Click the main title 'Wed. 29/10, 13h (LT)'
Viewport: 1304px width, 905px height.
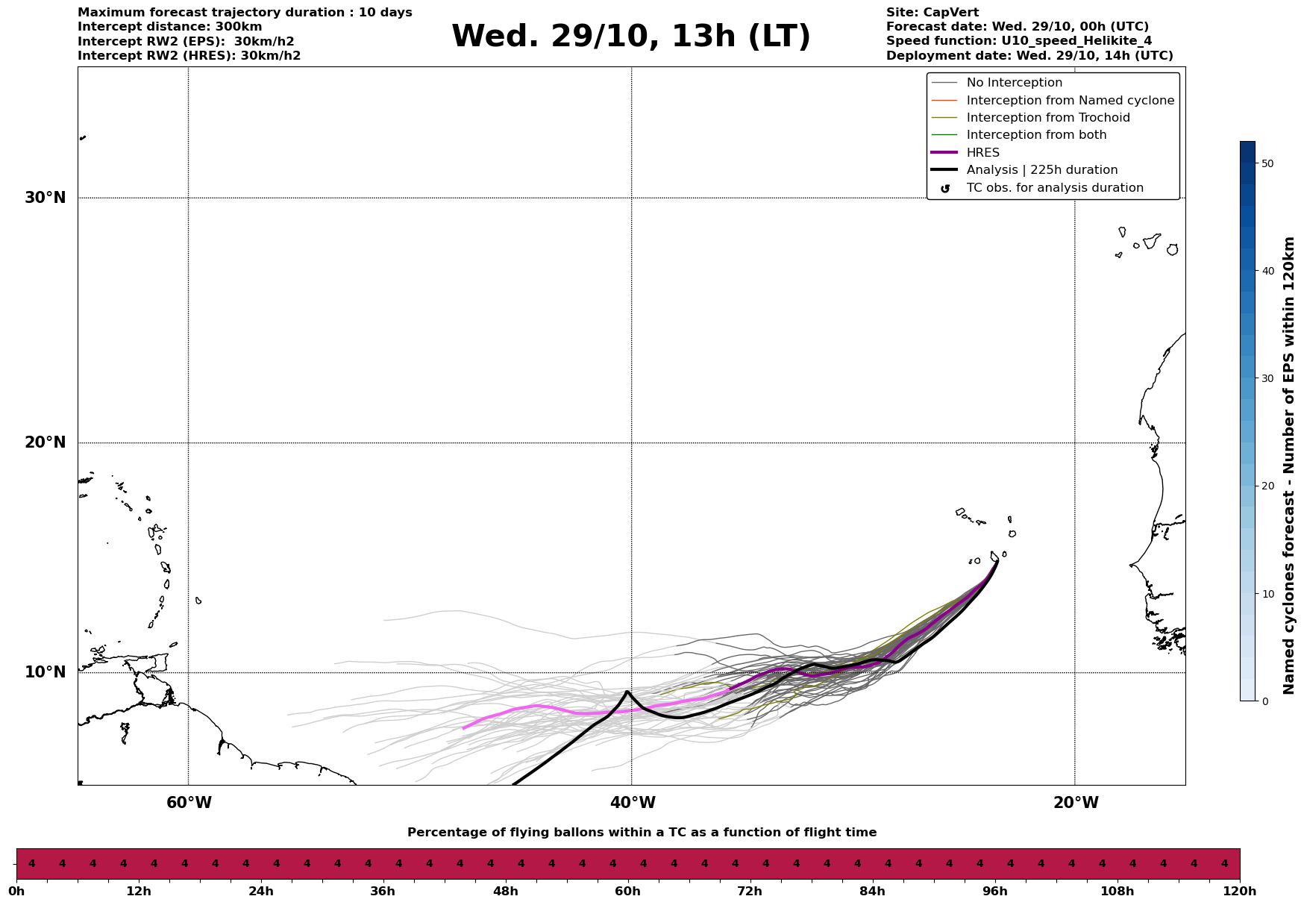tap(630, 37)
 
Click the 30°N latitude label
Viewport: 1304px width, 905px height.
tap(46, 198)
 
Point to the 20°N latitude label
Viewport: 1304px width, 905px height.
tap(46, 442)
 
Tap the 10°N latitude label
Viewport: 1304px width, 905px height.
tap(46, 672)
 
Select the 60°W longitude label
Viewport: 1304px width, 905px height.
tap(189, 803)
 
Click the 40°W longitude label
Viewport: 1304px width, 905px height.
tap(633, 803)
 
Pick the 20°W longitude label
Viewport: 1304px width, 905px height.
tap(1076, 803)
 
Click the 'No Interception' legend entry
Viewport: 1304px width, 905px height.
tap(1014, 83)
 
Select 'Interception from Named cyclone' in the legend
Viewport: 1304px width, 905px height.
tap(1070, 101)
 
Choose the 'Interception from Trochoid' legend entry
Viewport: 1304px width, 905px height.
tap(1047, 118)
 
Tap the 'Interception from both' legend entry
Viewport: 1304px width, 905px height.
tap(1036, 135)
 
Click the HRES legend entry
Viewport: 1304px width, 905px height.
tap(982, 153)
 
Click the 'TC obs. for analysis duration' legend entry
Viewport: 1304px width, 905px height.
tap(1054, 188)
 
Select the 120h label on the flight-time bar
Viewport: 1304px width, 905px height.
tap(1240, 892)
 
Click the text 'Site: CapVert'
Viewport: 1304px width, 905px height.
tap(932, 13)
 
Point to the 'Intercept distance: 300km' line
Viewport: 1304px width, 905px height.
tap(169, 27)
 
